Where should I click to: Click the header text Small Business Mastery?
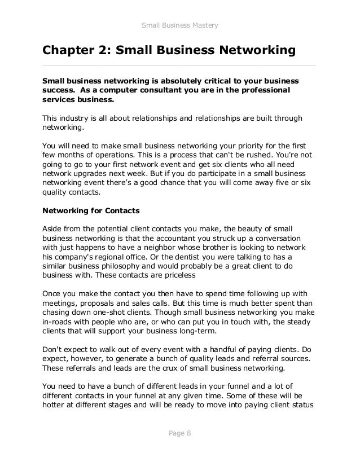click(x=179, y=25)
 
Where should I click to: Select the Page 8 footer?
click(x=179, y=433)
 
